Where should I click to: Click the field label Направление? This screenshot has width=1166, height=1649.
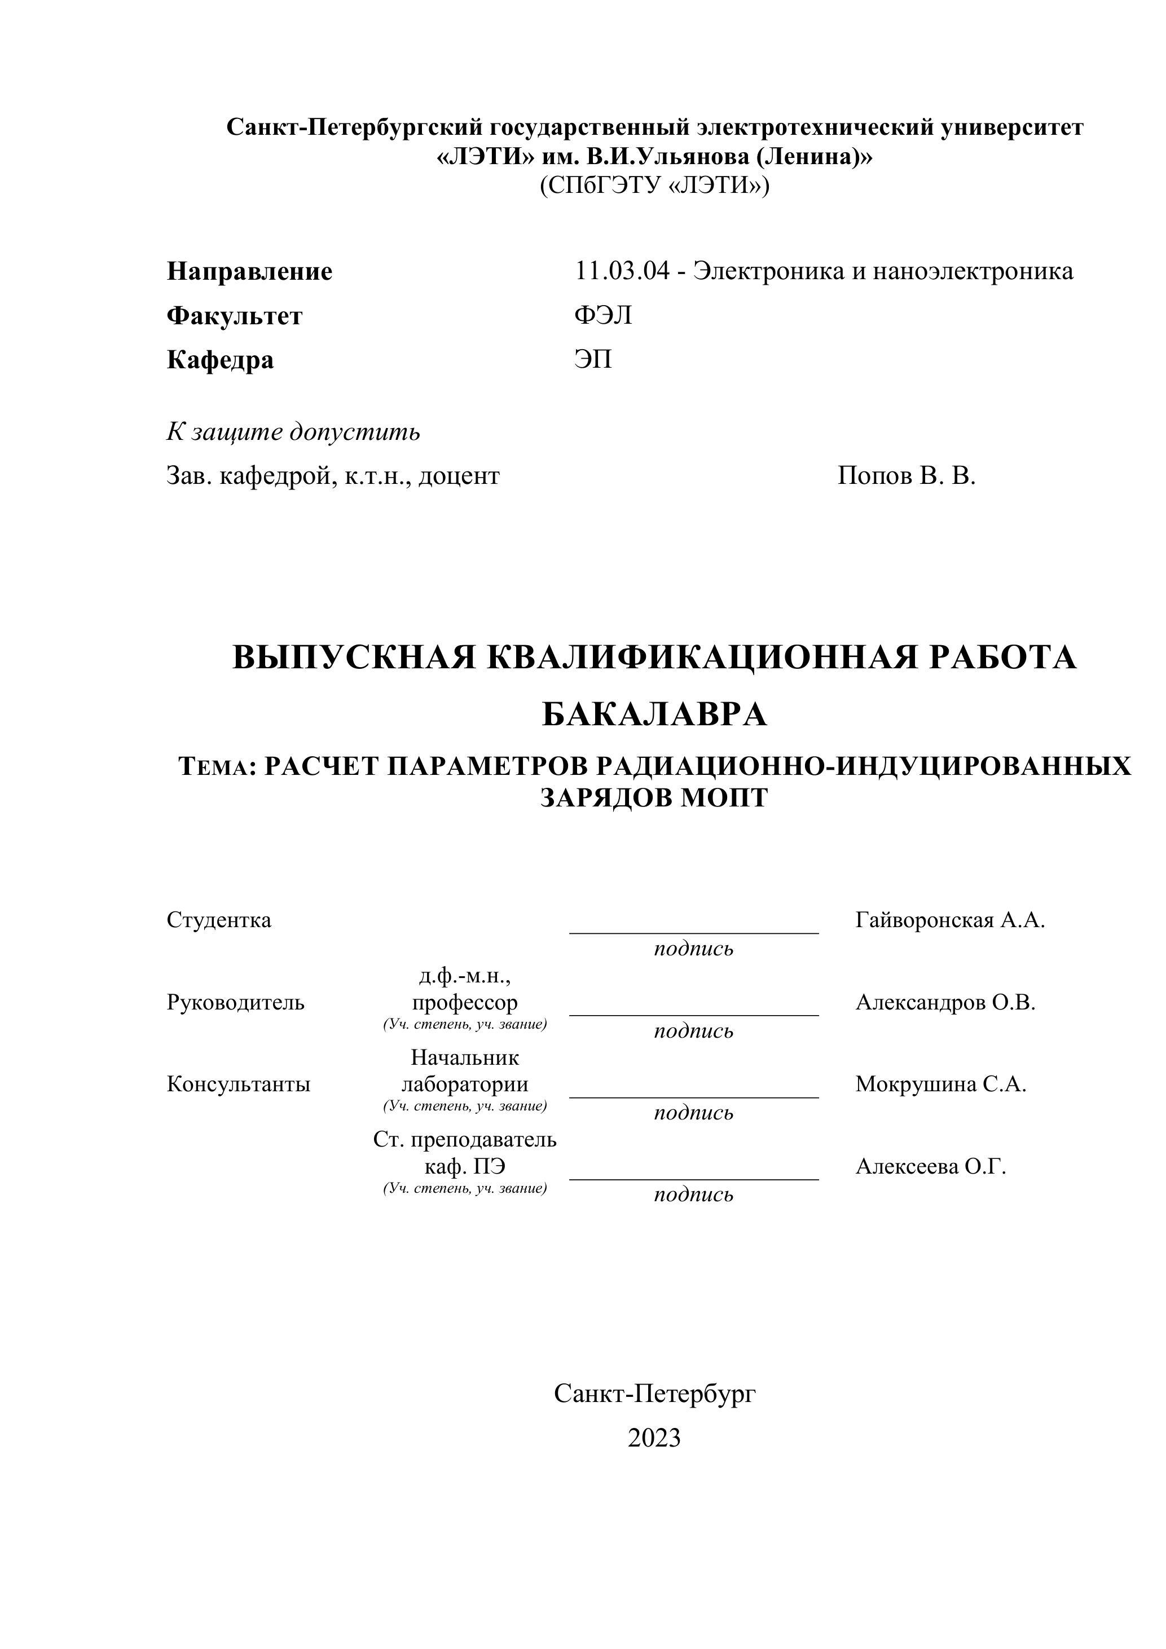249,271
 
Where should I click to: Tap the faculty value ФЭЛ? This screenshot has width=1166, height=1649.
603,315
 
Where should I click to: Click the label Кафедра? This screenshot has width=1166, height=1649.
220,360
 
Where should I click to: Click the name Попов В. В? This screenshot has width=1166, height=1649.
907,475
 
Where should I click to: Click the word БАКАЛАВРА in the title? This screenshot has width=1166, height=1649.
654,715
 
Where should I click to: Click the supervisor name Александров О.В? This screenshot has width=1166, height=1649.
945,1003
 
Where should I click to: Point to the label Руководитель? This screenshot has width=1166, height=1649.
236,1003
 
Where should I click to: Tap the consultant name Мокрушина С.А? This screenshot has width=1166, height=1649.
940,1084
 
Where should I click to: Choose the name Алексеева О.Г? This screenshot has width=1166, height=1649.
930,1167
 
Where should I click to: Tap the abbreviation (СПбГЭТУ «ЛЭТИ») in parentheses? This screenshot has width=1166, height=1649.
654,186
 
